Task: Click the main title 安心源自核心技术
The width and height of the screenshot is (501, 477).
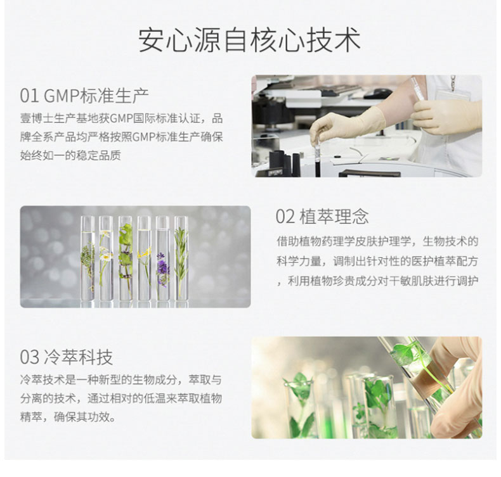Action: [x=249, y=41]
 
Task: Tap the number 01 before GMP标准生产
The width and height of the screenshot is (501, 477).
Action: [x=29, y=96]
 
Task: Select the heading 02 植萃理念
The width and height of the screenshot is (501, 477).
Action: [x=322, y=216]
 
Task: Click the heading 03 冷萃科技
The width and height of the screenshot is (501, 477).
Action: [x=67, y=357]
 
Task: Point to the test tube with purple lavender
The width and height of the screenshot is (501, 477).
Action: [x=162, y=258]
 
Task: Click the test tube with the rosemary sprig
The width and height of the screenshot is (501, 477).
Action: [x=181, y=258]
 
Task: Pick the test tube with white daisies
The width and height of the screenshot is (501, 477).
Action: [x=106, y=258]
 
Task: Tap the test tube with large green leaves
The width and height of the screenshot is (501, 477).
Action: [x=126, y=258]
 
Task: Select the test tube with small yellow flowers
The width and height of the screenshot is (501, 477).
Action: [x=144, y=258]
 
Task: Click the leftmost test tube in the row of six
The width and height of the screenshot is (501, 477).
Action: [x=88, y=258]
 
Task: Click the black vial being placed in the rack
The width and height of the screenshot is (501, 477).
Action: [x=318, y=160]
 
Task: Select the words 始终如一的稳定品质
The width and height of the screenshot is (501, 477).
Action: [x=70, y=155]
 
